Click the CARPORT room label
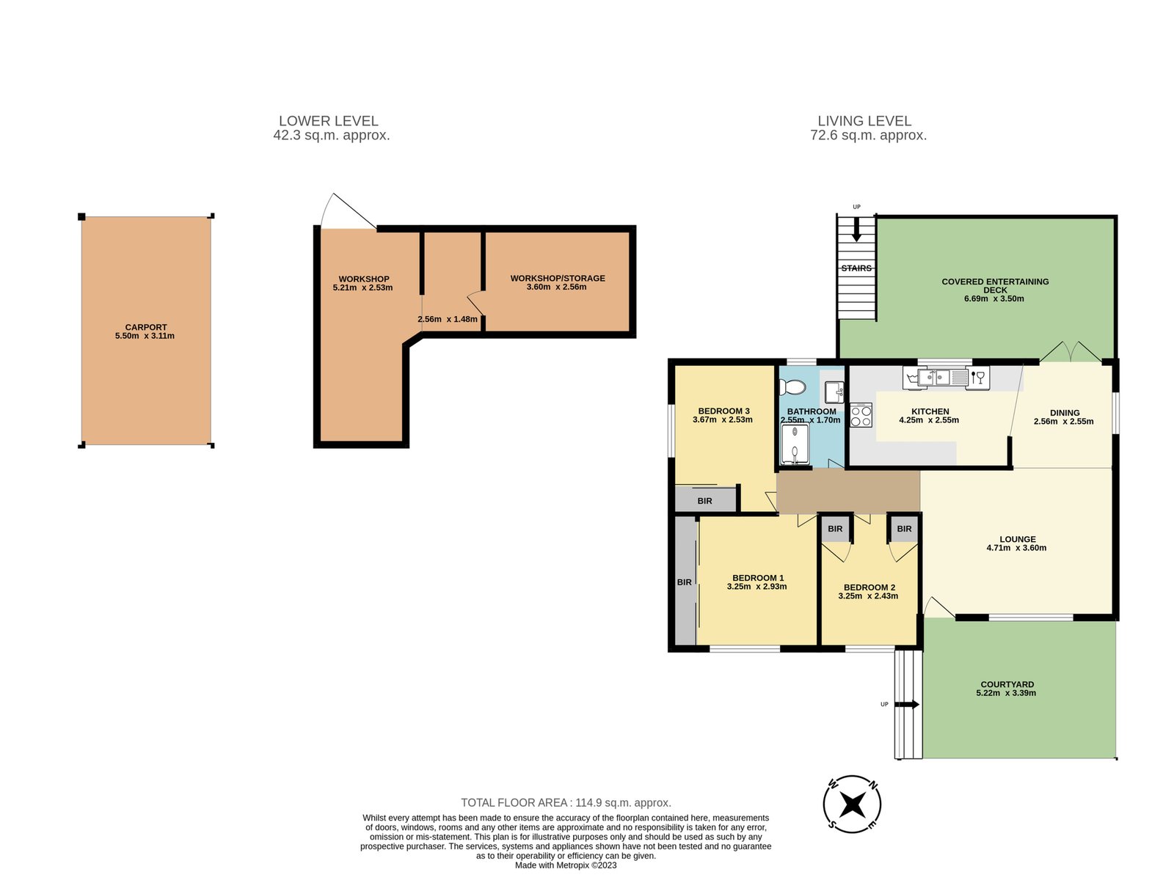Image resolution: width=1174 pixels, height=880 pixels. (x=145, y=327)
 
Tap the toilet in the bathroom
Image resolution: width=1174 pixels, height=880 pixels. (x=792, y=387)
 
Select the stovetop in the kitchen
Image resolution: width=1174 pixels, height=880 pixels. (x=861, y=415)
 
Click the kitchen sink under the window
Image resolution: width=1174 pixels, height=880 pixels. (x=942, y=377)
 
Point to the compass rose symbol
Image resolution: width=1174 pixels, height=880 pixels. (x=851, y=804)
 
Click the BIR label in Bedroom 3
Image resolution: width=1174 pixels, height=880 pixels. (x=704, y=501)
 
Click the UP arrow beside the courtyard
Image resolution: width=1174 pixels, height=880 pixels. (x=907, y=704)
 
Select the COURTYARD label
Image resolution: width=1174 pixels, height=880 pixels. (x=1007, y=684)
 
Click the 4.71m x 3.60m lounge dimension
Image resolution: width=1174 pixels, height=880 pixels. (x=1016, y=548)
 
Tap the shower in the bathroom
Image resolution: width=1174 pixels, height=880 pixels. (x=795, y=444)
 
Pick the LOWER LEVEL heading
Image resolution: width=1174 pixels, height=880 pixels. (x=329, y=121)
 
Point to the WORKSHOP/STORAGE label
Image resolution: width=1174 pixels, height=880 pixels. (x=558, y=279)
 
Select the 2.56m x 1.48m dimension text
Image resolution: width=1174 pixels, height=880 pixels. (x=447, y=320)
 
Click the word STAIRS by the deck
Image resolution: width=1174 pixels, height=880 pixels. (x=856, y=268)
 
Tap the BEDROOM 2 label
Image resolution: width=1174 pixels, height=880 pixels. (x=869, y=587)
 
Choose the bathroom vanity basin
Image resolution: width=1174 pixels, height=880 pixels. (x=834, y=392)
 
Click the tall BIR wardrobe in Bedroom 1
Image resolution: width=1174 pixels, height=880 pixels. (x=685, y=582)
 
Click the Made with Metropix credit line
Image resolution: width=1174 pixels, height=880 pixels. (x=565, y=865)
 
